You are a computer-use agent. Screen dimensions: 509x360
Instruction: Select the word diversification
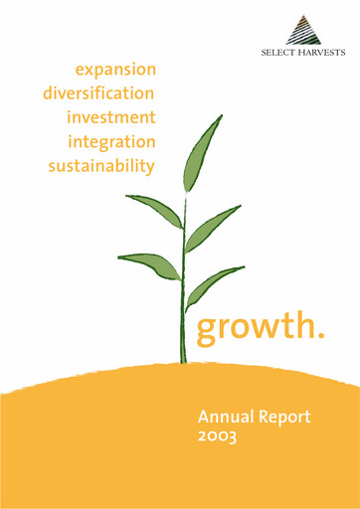tap(99, 93)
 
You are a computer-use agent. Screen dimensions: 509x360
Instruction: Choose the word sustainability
tap(102, 165)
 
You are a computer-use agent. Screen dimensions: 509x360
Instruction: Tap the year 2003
tap(220, 438)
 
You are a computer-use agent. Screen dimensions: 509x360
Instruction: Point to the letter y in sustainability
tap(152, 167)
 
